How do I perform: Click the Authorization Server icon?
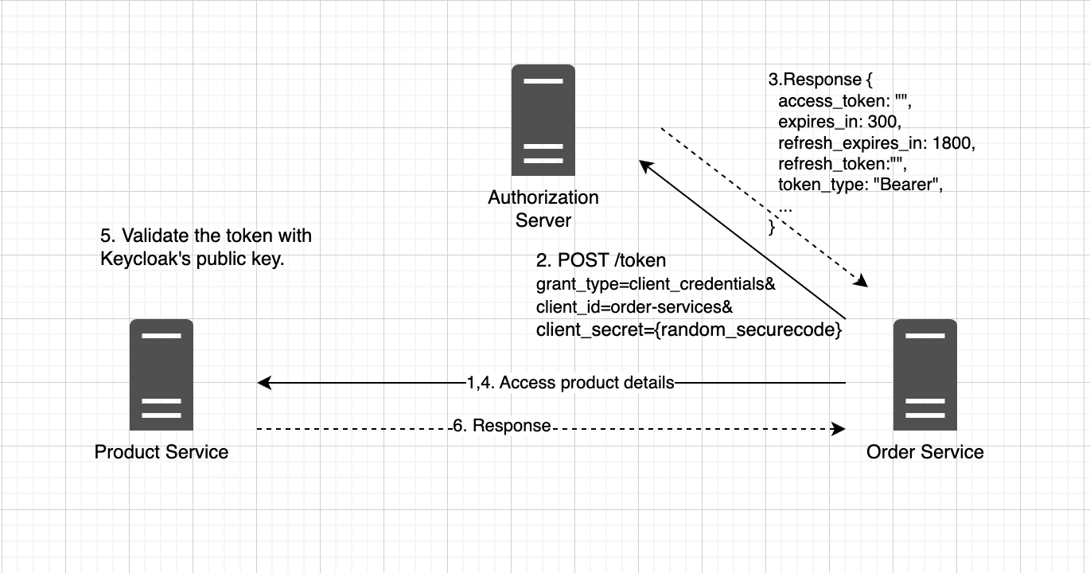pyautogui.click(x=543, y=120)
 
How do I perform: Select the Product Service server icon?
pyautogui.click(x=161, y=375)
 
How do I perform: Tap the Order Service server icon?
pyautogui.click(x=925, y=375)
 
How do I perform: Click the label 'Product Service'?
pyautogui.click(x=161, y=452)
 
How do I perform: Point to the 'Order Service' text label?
pyautogui.click(x=925, y=452)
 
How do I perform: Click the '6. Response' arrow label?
pyautogui.click(x=502, y=426)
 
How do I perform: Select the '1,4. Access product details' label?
pyautogui.click(x=570, y=383)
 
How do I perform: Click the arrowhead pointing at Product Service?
pyautogui.click(x=263, y=383)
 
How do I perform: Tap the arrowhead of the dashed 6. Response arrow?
pyautogui.click(x=839, y=429)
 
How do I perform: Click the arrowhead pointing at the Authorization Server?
pyautogui.click(x=646, y=166)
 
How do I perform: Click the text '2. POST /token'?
pyautogui.click(x=601, y=260)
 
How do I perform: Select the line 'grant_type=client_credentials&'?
pyautogui.click(x=656, y=284)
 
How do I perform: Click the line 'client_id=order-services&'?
pyautogui.click(x=634, y=307)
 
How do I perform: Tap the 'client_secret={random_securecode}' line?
pyautogui.click(x=688, y=329)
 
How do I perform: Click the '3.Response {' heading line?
pyautogui.click(x=820, y=80)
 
